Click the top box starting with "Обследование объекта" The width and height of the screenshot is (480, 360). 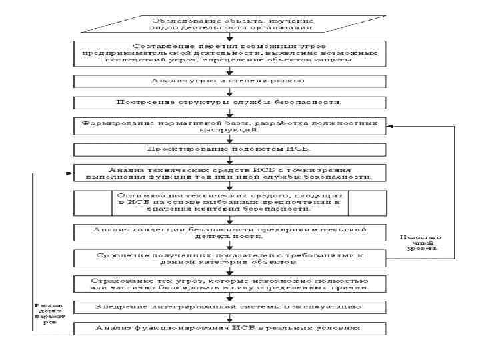coord(230,23)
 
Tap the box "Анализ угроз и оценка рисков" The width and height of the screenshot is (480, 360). coord(230,81)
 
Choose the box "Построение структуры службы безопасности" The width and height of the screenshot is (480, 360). coord(230,103)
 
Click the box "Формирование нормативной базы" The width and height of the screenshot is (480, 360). coord(230,127)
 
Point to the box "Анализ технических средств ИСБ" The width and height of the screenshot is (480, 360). coord(230,173)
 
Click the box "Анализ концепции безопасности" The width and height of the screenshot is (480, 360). coord(230,232)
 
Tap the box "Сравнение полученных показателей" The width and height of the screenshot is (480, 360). coord(230,258)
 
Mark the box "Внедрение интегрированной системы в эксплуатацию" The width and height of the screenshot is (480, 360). coord(230,307)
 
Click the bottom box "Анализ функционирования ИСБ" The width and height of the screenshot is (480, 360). coord(230,329)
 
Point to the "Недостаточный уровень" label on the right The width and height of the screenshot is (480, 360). coord(418,245)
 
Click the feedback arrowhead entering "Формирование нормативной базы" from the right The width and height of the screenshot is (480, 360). coord(391,125)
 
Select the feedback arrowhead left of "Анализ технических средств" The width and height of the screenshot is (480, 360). coord(69,173)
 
